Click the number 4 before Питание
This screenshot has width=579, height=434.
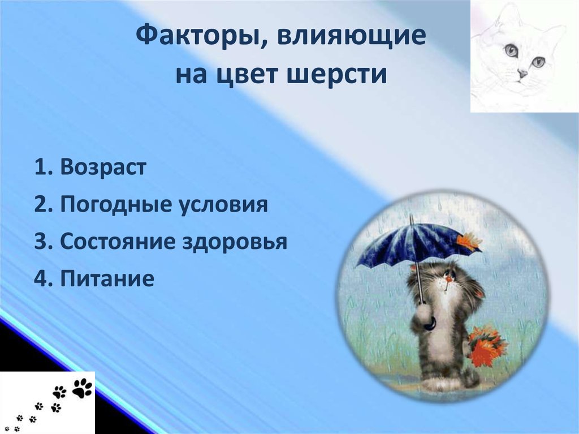[40, 278]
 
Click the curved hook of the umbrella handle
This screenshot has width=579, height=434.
[430, 324]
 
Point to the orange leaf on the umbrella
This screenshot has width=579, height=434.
[468, 242]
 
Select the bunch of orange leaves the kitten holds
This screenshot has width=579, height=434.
[485, 346]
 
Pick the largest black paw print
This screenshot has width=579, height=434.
[83, 388]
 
